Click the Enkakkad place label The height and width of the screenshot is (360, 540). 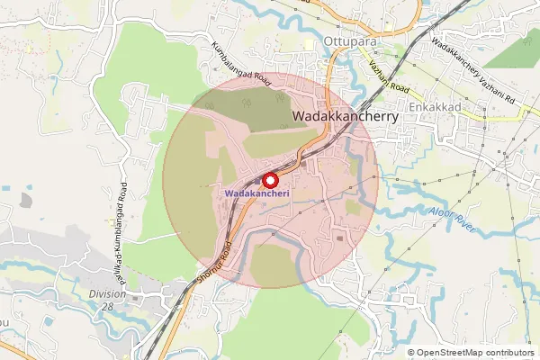coord(434,105)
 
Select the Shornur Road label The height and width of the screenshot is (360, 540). coord(216,265)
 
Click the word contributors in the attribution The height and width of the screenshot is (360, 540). coord(509,353)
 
